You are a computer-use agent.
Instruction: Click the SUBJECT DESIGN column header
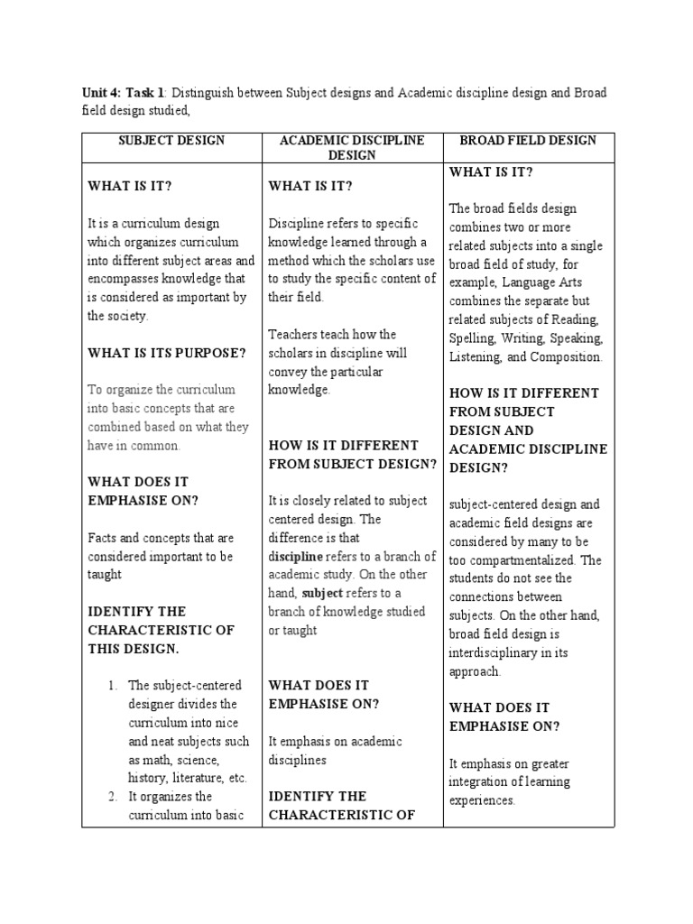(x=171, y=141)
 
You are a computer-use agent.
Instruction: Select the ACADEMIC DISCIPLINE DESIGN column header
(x=353, y=148)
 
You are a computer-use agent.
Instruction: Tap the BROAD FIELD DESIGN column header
(x=528, y=141)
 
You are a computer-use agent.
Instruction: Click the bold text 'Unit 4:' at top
(x=102, y=92)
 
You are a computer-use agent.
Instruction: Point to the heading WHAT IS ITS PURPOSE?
(x=166, y=353)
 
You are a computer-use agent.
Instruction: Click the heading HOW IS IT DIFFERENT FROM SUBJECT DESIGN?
(x=353, y=455)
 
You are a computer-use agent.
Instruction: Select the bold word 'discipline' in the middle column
(x=295, y=557)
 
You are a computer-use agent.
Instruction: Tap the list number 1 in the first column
(x=112, y=686)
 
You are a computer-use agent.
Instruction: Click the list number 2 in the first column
(x=112, y=797)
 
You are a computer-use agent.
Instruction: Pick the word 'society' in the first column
(x=125, y=316)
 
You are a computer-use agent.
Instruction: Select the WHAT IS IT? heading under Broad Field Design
(x=491, y=171)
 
